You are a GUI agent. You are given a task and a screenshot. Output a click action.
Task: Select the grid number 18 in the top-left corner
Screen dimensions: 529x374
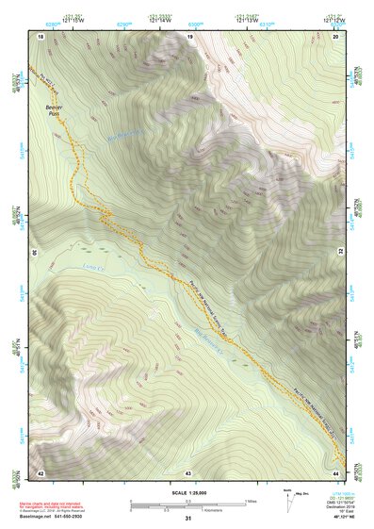[x=41, y=36]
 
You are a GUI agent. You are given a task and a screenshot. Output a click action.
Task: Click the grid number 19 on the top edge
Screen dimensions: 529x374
[x=190, y=36]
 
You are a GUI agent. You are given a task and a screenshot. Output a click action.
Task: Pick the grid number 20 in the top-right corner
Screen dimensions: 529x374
[x=335, y=36]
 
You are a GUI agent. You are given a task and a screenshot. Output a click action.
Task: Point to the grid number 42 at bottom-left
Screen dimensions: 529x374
[x=41, y=471]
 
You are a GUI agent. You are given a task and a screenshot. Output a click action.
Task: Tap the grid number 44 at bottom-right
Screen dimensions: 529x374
[x=336, y=471]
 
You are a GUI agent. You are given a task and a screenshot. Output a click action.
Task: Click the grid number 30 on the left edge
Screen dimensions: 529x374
[x=37, y=254]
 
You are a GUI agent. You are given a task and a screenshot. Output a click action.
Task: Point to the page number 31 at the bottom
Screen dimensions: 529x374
[x=188, y=519]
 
